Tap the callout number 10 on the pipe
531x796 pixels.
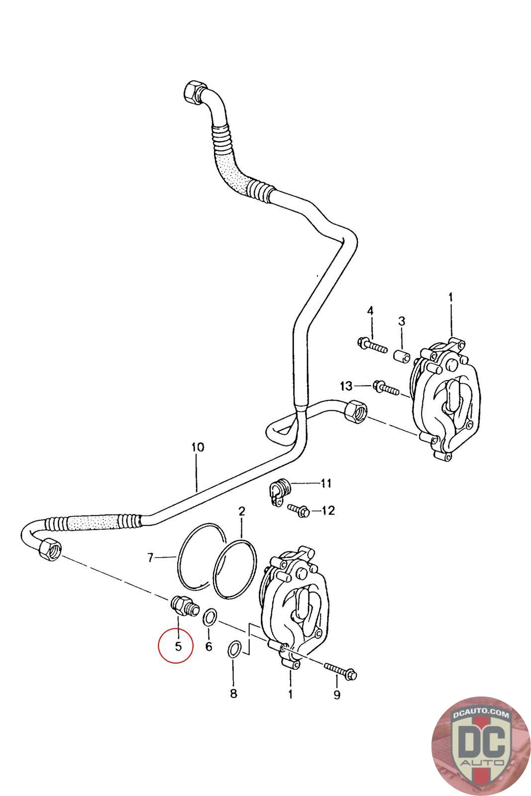[x=197, y=447]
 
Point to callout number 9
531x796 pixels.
[x=337, y=695]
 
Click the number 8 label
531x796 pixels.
[x=233, y=694]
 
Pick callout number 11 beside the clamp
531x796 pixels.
[x=326, y=483]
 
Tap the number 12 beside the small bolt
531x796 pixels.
[x=328, y=510]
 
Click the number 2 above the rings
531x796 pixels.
[x=242, y=511]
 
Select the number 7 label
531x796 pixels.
[x=151, y=558]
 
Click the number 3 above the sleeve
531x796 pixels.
[x=401, y=321]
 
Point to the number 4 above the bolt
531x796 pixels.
[x=370, y=311]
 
